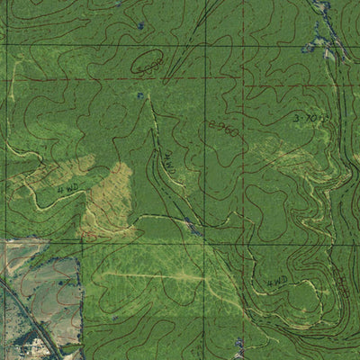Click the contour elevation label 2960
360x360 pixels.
pyautogui.click(x=222, y=129)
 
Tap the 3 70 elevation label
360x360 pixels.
pyautogui.click(x=310, y=118)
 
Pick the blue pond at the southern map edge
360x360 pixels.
pyautogui.click(x=238, y=345)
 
